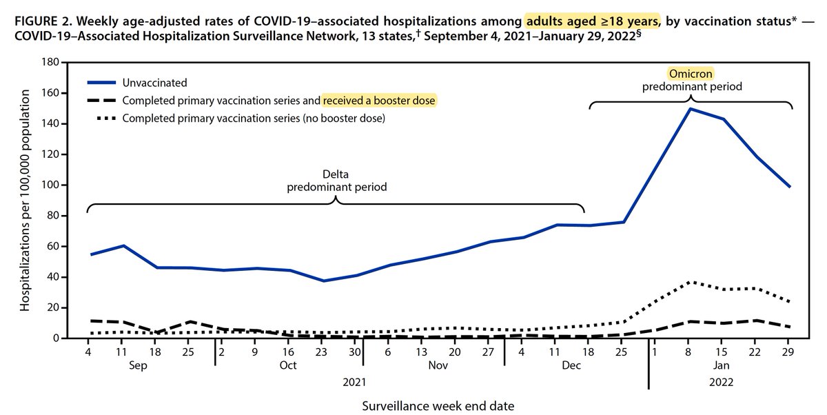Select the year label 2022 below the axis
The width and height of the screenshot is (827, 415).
(x=721, y=381)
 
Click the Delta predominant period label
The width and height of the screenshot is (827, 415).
(x=336, y=181)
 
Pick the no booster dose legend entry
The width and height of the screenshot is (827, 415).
(x=254, y=119)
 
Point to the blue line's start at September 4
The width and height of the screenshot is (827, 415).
(x=90, y=254)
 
